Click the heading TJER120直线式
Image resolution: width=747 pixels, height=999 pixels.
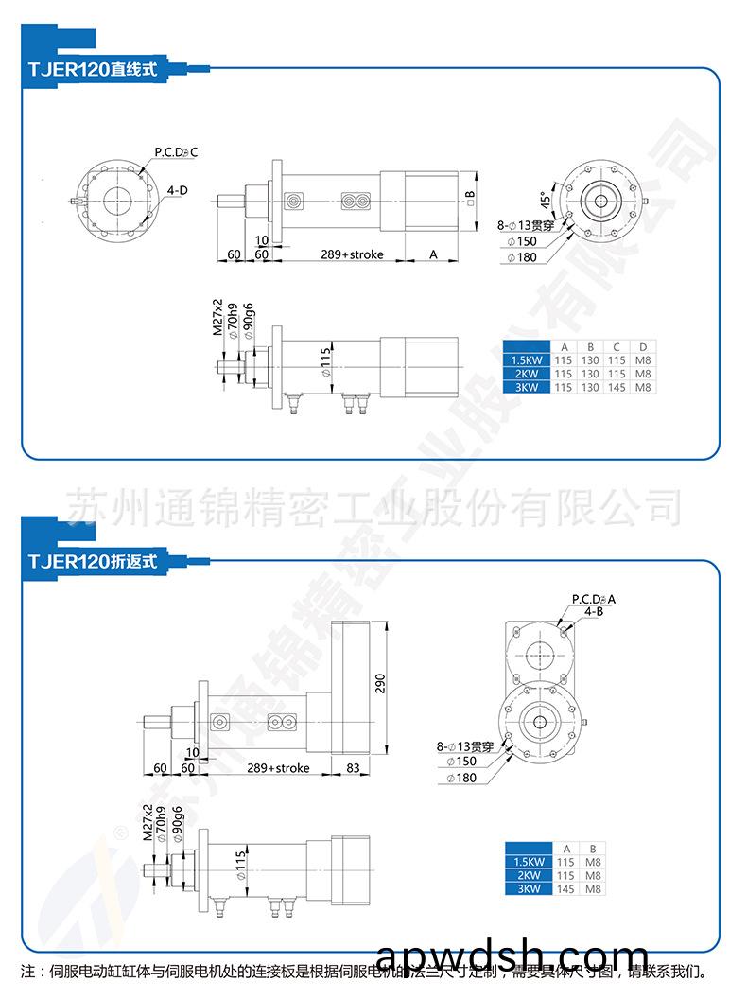(92, 68)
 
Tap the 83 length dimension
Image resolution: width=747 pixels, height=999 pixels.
(352, 767)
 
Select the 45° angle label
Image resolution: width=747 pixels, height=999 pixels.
(545, 202)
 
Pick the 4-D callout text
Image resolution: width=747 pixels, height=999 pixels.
(177, 190)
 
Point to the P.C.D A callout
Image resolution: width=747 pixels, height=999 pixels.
(593, 599)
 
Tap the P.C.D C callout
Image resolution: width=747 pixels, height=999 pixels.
(176, 151)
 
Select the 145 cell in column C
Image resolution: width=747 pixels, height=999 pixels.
(617, 387)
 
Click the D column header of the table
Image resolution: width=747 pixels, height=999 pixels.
(643, 346)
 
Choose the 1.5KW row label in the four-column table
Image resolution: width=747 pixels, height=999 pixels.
(526, 360)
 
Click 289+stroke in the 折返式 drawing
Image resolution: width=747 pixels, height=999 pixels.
(277, 767)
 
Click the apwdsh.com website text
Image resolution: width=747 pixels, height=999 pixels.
(512, 956)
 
